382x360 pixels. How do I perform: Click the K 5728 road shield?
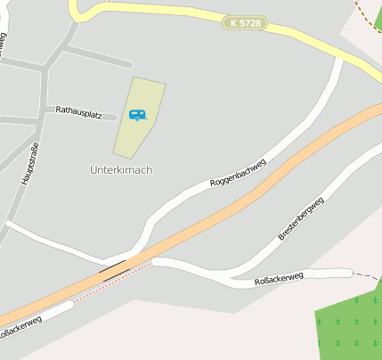[x=245, y=22]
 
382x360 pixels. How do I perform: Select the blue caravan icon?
[x=137, y=114]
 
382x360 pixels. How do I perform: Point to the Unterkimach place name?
[x=120, y=169]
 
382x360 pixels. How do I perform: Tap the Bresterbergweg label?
[x=301, y=219]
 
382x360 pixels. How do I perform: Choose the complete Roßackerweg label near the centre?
[x=279, y=278]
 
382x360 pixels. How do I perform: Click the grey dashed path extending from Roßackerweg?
[x=365, y=274]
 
